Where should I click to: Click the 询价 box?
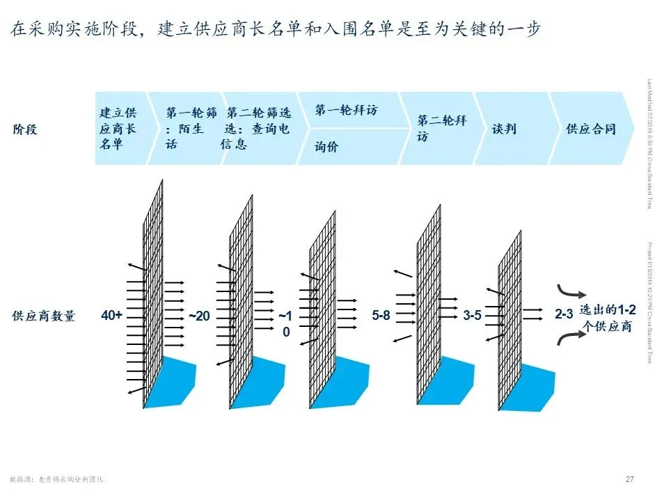tap(348, 147)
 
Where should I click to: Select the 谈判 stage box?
tap(508, 129)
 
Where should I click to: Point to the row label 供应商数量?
tap(43, 316)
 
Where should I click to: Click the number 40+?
tap(111, 316)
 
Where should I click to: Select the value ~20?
tap(198, 316)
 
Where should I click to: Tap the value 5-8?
tap(381, 316)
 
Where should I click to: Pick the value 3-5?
tap(472, 316)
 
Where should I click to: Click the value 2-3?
tap(564, 316)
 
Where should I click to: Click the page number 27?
tap(630, 478)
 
